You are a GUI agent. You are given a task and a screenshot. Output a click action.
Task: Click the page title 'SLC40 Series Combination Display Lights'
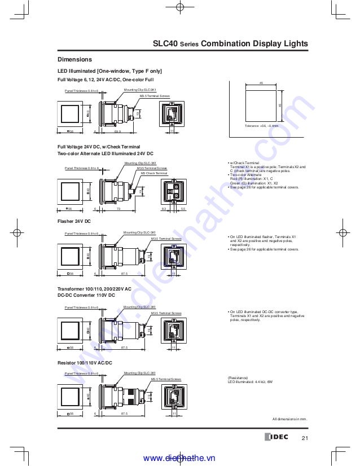pos(230,44)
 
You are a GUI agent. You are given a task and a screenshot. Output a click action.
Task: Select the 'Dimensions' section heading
pos(74,60)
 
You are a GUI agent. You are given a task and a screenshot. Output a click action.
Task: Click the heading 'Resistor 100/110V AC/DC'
pos(85,362)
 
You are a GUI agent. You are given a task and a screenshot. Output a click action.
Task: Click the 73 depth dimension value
pos(118,209)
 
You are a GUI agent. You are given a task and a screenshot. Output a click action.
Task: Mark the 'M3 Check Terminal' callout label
pos(153,173)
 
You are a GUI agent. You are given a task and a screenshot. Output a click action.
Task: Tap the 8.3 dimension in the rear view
pos(164,209)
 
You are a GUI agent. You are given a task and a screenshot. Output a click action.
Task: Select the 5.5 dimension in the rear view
pos(183,209)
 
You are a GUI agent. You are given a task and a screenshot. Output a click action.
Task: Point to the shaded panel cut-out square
pos(260,104)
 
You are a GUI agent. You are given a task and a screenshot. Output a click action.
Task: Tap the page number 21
pos(305,439)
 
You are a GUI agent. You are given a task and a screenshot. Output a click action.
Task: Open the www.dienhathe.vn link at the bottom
pos(179,459)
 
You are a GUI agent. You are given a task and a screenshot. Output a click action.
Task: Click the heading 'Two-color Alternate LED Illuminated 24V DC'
pos(106,153)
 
